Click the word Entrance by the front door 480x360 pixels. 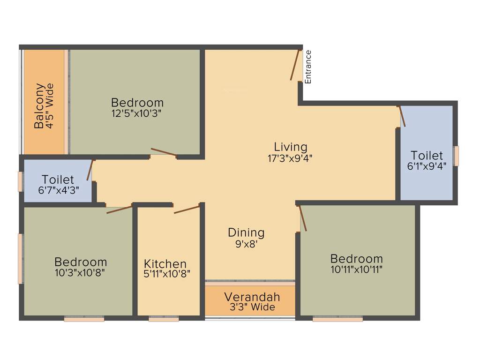[x=308, y=67]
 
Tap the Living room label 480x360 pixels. [x=291, y=147]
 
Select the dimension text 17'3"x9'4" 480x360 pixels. [x=290, y=158]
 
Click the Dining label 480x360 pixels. [x=246, y=232]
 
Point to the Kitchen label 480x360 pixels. [x=165, y=264]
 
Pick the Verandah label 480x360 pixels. [x=252, y=297]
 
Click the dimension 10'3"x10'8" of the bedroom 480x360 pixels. [x=81, y=273]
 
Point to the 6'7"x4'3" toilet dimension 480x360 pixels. [x=58, y=190]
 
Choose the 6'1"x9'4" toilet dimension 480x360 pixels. [x=427, y=165]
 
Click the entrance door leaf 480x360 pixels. [x=294, y=65]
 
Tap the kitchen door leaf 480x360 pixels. [x=187, y=209]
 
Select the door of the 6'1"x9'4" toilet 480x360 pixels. [x=402, y=116]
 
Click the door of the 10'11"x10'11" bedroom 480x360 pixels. [x=303, y=218]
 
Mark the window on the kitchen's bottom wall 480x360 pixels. [x=164, y=320]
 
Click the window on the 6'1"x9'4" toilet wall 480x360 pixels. [x=456, y=156]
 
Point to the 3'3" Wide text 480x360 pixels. [x=252, y=307]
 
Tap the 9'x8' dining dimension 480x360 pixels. [x=246, y=244]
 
